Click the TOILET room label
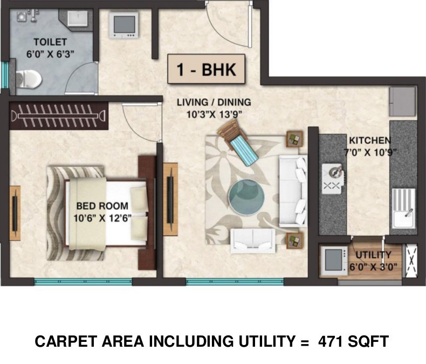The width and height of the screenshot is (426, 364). pos(50,42)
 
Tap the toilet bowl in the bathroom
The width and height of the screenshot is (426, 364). pos(30,79)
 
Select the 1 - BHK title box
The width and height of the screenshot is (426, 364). pos(205,70)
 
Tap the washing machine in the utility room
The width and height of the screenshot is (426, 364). pos(334,260)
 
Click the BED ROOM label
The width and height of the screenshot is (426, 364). pos(102,206)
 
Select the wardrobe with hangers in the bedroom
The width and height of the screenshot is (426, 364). pos(59,114)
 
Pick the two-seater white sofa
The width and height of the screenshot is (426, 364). pos(251,241)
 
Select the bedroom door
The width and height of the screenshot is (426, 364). pos(141,120)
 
